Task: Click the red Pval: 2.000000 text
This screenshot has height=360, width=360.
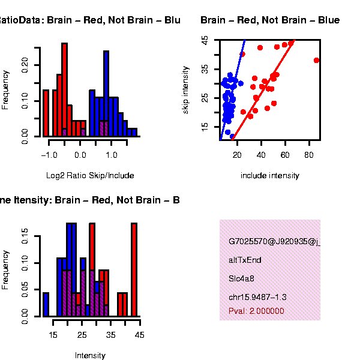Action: (256, 311)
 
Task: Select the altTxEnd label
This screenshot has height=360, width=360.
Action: (245, 260)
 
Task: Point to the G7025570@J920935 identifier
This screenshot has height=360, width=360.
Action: (273, 242)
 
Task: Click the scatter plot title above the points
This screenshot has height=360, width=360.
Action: (270, 20)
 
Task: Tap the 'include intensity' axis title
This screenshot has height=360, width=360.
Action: (269, 176)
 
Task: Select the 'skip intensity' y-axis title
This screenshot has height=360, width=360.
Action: (186, 89)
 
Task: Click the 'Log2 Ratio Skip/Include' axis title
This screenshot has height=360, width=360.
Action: (90, 176)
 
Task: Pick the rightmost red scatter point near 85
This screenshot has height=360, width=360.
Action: (316, 60)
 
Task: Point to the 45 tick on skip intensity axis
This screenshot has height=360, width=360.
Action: (205, 40)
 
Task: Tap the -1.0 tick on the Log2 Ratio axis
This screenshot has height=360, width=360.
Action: (50, 155)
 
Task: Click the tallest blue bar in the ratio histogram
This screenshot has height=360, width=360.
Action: (106, 93)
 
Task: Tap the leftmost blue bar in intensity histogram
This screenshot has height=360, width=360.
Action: (46, 304)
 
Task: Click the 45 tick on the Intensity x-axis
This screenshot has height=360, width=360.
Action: (140, 335)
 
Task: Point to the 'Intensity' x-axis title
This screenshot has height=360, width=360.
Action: (90, 355)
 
